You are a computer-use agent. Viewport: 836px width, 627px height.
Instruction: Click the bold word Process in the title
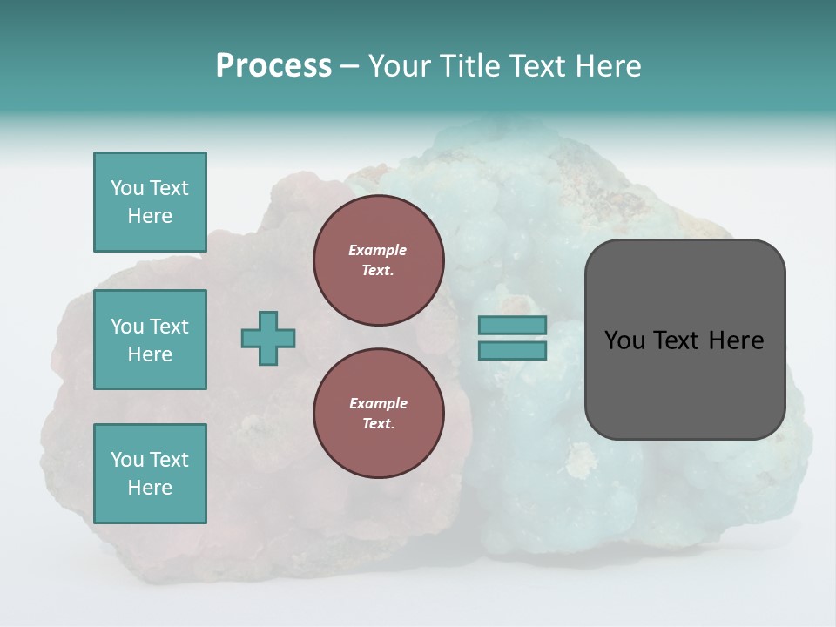273,66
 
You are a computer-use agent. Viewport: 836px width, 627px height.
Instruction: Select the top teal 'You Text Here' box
150,202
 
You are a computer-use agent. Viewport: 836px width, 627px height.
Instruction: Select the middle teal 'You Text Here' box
150,340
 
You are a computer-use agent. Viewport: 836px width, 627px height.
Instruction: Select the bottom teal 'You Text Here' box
150,474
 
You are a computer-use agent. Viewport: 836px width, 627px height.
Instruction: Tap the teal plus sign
268,338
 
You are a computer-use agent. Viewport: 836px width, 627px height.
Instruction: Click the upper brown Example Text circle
378,260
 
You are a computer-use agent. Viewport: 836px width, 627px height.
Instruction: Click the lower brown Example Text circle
378,414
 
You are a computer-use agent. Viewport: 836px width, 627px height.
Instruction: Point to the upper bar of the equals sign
512,325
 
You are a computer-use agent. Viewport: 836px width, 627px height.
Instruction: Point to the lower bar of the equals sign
512,351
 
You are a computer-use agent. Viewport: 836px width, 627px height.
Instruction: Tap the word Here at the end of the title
609,66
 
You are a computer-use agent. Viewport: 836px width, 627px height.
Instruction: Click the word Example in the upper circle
378,250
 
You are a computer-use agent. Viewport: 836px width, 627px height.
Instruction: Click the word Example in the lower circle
378,403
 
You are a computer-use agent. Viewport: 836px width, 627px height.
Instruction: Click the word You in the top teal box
127,188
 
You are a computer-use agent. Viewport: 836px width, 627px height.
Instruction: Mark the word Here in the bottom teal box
150,488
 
